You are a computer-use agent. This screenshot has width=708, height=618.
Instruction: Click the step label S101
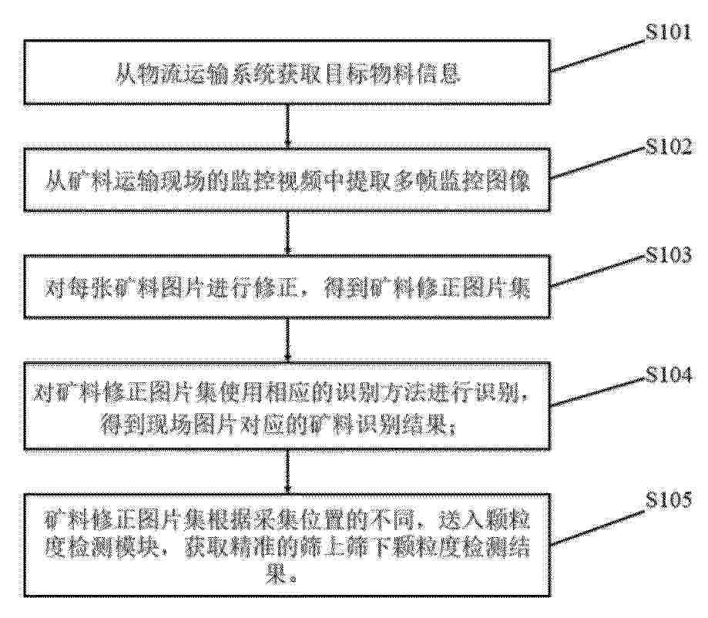coord(668,32)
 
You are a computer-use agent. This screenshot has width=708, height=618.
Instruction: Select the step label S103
coord(668,255)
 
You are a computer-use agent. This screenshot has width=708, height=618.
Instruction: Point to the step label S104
coord(668,374)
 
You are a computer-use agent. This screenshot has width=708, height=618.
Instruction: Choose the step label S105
coord(668,500)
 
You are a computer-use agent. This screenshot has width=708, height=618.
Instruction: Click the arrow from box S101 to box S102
coord(287,126)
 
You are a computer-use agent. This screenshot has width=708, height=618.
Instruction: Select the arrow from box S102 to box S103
coord(287,233)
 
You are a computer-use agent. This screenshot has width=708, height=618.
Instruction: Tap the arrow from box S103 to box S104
coord(287,340)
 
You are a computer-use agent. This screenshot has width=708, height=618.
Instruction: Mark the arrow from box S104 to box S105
coord(287,472)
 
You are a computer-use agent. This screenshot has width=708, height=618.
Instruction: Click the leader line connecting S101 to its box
coord(599,56)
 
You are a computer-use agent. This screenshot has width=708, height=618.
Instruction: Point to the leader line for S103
coord(599,271)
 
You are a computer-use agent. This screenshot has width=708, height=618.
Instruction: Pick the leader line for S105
coord(599,529)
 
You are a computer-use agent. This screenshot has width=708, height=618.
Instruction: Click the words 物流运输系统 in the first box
coord(195,74)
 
